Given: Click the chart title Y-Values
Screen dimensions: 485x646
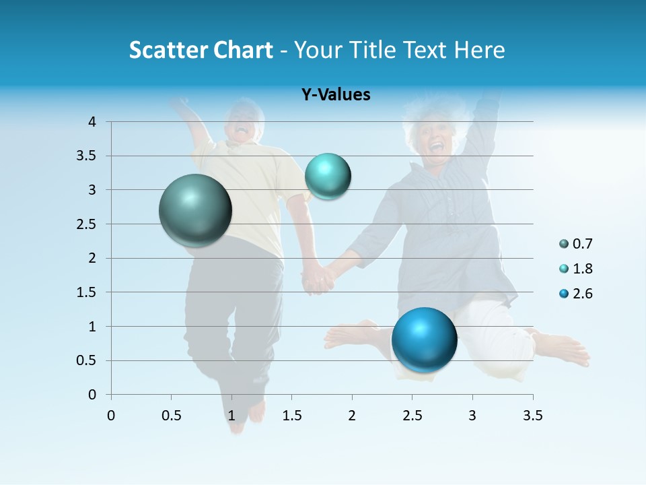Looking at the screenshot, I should (336, 95).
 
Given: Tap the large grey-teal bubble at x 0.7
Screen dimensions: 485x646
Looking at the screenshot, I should (196, 210).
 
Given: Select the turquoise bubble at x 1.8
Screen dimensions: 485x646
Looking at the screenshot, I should (328, 176).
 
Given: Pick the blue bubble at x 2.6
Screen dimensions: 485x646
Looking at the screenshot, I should (424, 339).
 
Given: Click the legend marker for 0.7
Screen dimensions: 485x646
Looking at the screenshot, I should (564, 244).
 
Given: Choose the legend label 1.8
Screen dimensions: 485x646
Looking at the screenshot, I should (582, 269).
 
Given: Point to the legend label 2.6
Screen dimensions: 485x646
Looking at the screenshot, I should (582, 294).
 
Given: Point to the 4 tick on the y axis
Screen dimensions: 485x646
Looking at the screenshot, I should (93, 122).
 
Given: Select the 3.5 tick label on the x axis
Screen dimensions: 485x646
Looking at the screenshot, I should (532, 416).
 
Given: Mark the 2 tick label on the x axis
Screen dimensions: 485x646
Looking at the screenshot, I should (352, 416).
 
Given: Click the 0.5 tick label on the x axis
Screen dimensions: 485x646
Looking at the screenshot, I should (171, 416).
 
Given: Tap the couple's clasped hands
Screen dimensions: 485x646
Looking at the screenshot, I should (317, 278).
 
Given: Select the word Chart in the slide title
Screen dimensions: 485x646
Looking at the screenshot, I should (243, 50).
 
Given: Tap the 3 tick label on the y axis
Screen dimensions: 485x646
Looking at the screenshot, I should (93, 190).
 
